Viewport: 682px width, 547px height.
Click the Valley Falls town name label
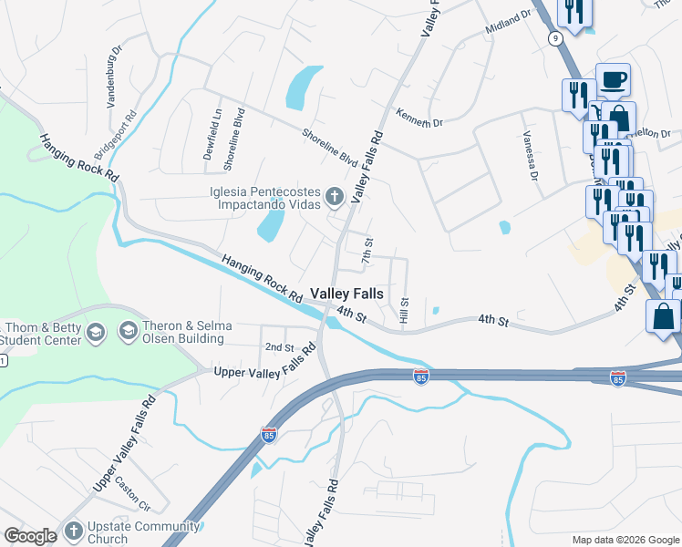[346, 294]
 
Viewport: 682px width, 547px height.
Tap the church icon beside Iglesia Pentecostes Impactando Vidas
[335, 195]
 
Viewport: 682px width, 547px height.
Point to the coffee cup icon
[613, 78]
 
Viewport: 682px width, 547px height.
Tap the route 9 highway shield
[554, 37]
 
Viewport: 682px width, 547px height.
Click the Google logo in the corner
[30, 536]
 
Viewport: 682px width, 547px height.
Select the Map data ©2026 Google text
[625, 540]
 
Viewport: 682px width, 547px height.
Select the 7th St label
[367, 251]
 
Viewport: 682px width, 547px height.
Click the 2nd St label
[279, 347]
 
